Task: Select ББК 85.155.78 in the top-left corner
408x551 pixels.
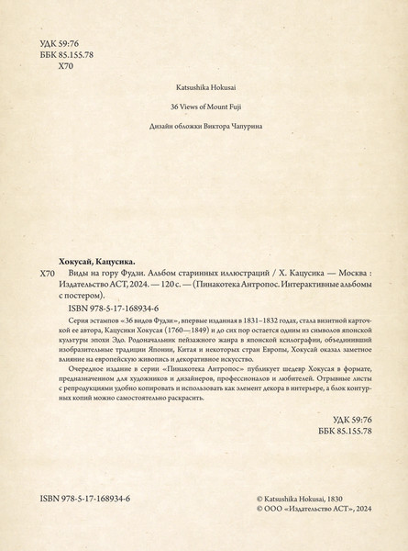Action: [75, 53]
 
